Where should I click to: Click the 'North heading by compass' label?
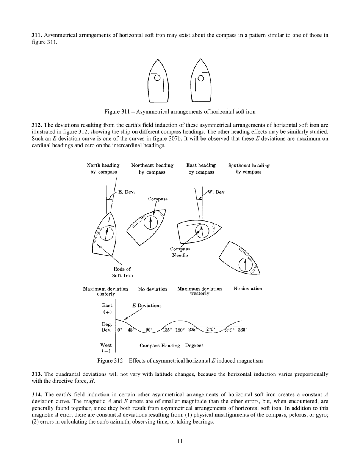[103, 169]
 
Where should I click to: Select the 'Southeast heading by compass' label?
[249, 169]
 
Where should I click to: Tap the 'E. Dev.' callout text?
[127, 192]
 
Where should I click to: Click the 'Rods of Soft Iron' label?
[122, 272]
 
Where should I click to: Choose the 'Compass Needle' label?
[180, 252]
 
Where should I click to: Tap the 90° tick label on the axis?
[149, 330]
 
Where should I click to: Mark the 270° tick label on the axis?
[211, 330]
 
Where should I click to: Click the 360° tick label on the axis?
[243, 330]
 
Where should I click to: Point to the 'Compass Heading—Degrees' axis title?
[172, 346]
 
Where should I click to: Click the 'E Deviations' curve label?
[147, 306]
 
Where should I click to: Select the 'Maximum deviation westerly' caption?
[200, 291]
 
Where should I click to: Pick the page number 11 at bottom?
[180, 441]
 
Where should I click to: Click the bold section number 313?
[37, 374]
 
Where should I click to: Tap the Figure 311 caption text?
[180, 112]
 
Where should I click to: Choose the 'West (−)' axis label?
[106, 348]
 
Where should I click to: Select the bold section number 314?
[37, 395]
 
